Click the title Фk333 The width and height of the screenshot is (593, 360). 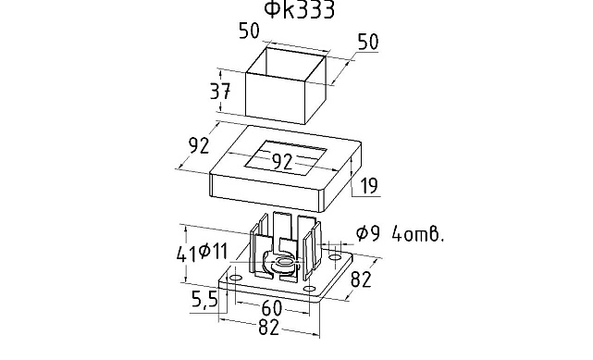299,9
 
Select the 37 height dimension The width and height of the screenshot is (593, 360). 220,91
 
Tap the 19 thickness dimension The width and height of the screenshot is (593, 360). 369,186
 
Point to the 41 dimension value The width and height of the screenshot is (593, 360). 186,254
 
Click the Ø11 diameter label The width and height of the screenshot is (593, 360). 213,251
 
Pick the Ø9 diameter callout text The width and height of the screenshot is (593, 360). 367,233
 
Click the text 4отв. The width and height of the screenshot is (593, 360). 417,234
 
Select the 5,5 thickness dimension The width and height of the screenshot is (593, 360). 204,300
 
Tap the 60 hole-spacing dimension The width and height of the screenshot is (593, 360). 272,308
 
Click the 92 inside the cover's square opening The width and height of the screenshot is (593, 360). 282,162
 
